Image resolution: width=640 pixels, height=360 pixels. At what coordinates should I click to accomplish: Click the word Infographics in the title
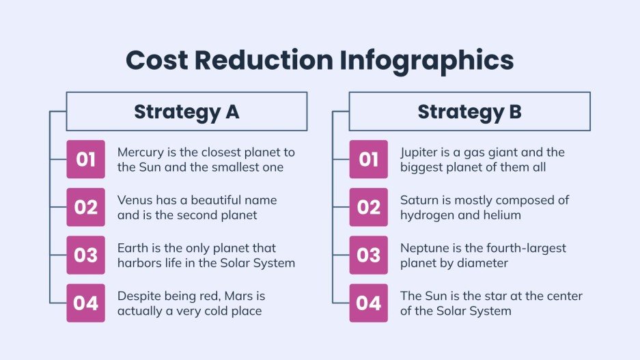(425, 61)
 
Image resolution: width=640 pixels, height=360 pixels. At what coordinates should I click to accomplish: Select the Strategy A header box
(186, 111)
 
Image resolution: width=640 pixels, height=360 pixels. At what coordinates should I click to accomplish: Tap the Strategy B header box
(469, 111)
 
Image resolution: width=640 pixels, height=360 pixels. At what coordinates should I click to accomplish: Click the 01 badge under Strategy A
(85, 160)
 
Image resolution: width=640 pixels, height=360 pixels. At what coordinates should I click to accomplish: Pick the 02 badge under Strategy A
(85, 207)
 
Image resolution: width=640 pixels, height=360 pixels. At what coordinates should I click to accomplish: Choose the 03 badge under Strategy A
(85, 255)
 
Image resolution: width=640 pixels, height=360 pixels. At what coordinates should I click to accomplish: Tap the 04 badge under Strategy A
(85, 303)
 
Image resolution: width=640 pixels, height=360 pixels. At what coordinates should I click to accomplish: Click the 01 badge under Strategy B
(368, 160)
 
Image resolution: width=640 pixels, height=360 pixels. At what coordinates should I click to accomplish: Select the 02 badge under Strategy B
(368, 207)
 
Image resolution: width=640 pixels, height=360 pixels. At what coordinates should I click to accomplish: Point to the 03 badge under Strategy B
(368, 255)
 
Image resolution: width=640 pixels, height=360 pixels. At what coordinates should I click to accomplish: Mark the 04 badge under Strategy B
(368, 303)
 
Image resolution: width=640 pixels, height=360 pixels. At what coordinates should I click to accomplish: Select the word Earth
(132, 248)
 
